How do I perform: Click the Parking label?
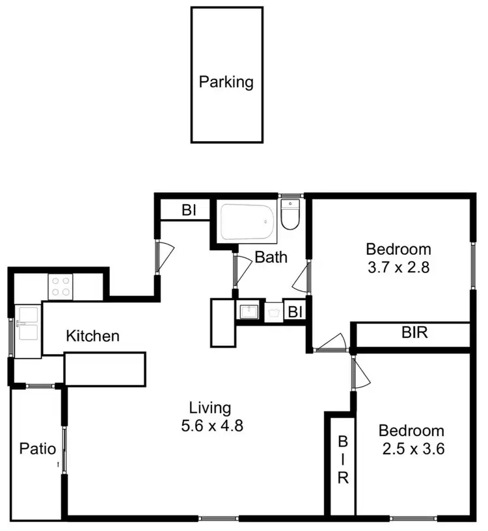pyautogui.click(x=226, y=83)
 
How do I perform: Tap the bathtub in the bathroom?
pyautogui.click(x=247, y=222)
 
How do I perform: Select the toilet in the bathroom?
pyautogui.click(x=290, y=215)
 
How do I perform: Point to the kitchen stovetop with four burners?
pyautogui.click(x=61, y=287)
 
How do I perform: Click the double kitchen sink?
pyautogui.click(x=27, y=323)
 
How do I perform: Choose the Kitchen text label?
pyautogui.click(x=93, y=336)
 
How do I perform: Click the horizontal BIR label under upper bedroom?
pyautogui.click(x=414, y=334)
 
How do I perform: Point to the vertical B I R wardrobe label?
pyautogui.click(x=343, y=460)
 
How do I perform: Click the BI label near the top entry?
pyautogui.click(x=189, y=211)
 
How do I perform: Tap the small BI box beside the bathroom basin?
pyautogui.click(x=295, y=312)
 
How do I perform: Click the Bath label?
pyautogui.click(x=271, y=257)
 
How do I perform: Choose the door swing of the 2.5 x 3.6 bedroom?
pyautogui.click(x=360, y=373)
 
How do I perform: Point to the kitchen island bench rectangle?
pyautogui.click(x=105, y=369)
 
